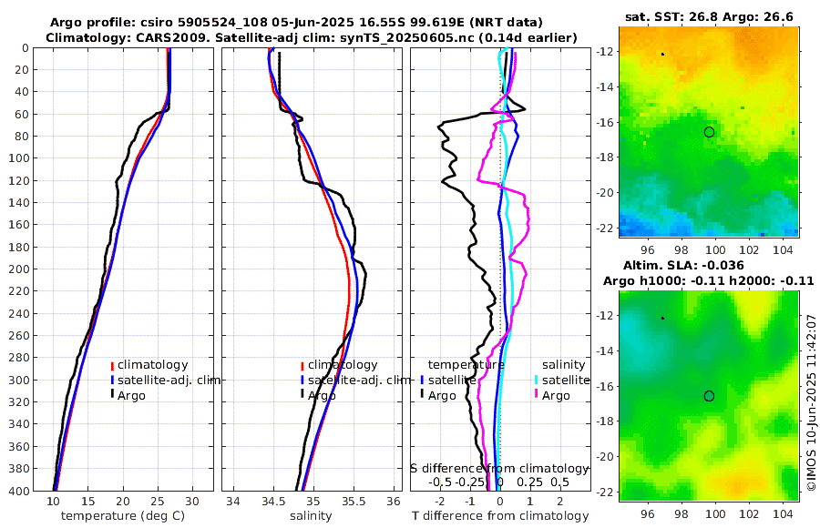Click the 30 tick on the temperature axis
(192, 502)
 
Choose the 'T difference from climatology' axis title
(499, 516)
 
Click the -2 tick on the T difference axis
(440, 502)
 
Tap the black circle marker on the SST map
(709, 132)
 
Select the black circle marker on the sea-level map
(709, 396)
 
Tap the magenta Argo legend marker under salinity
(537, 395)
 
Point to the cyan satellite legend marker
(537, 380)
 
